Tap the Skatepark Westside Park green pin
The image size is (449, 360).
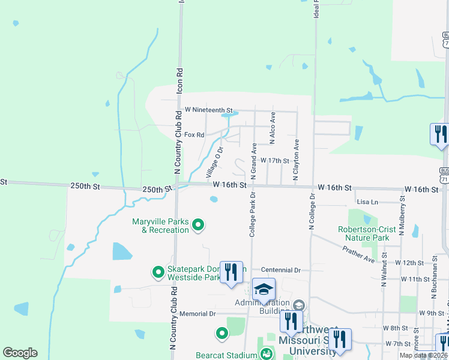[158, 273]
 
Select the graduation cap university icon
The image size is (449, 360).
[264, 290]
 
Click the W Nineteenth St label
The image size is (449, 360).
[208, 110]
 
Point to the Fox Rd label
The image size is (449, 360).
[194, 135]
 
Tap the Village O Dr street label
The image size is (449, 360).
[215, 161]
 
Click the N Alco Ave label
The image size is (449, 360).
[273, 127]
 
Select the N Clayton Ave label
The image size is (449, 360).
[296, 160]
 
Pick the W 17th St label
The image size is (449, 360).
[275, 161]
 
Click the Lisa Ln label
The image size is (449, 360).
[367, 202]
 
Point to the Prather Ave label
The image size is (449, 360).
[369, 257]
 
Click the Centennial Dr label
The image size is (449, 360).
[282, 271]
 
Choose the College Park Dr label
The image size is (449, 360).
[253, 214]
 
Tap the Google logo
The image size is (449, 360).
[20, 353]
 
